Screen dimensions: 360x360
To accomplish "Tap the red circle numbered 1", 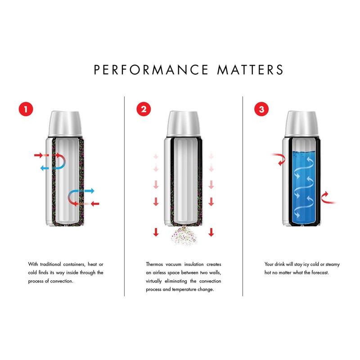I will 25,109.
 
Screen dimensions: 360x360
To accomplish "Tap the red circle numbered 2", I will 144,109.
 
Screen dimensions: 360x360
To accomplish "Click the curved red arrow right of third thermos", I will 328,198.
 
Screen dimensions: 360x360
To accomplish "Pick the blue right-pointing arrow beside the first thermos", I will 89,191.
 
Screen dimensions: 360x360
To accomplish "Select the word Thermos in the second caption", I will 155,264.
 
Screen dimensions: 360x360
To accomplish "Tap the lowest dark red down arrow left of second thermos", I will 156,232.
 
